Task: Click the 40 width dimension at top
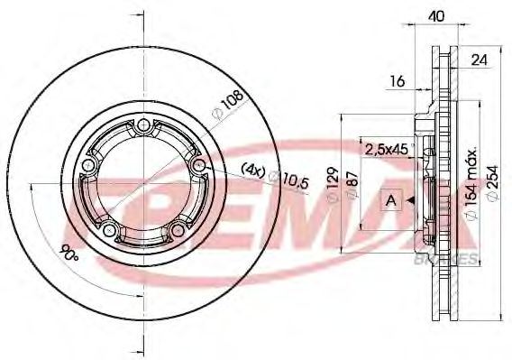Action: (x=435, y=15)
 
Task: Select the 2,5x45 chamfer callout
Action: (x=382, y=147)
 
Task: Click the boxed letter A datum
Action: (x=392, y=200)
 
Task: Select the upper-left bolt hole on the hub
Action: (x=88, y=167)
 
